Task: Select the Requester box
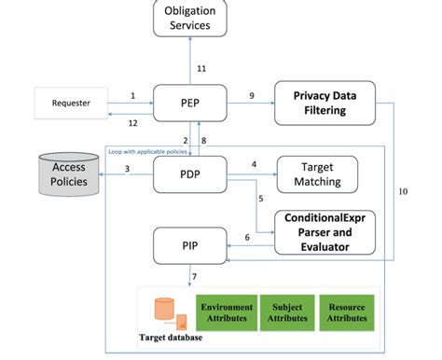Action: pos(72,103)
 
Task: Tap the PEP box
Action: pos(189,103)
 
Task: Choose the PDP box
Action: pos(189,174)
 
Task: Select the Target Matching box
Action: pos(318,174)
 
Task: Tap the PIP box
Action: pos(189,246)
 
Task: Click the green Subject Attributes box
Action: pos(287,312)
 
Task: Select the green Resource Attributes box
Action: pos(347,312)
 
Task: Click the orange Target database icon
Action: pos(165,309)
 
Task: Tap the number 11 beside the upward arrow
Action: pos(201,68)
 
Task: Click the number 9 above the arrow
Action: pos(252,95)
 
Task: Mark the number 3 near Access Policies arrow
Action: pos(127,168)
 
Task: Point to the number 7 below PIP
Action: pos(193,277)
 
